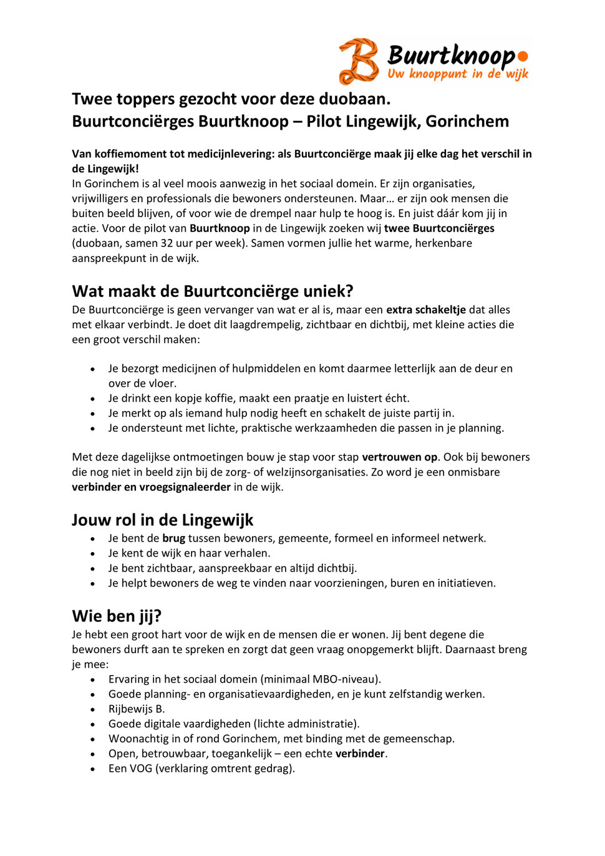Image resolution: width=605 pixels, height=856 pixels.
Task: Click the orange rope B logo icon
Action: [359, 61]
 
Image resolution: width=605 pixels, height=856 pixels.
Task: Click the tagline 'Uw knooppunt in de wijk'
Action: [457, 74]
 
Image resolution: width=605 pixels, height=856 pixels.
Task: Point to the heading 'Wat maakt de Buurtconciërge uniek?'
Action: [213, 291]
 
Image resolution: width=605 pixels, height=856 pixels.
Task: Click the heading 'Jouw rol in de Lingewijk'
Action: [162, 520]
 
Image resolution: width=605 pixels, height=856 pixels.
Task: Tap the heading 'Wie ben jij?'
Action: [117, 616]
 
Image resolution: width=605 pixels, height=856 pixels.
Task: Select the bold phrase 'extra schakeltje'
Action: [426, 310]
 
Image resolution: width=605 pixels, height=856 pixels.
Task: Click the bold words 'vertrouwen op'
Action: [399, 457]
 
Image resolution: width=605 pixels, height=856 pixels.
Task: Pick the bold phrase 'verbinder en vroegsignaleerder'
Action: [151, 487]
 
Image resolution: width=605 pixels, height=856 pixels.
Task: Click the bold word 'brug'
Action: [174, 538]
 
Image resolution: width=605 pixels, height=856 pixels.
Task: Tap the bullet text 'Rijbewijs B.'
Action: [137, 709]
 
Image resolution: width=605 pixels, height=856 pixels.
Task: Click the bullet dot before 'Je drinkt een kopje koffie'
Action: [93, 399]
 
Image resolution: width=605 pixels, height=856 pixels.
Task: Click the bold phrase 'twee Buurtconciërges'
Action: [439, 228]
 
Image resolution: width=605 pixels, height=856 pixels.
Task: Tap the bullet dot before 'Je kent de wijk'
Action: [93, 553]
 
